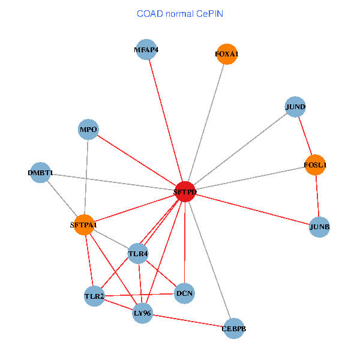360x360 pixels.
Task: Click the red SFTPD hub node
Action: click(x=185, y=192)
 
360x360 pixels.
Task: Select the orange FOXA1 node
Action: click(x=226, y=54)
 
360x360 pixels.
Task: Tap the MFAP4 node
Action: click(x=146, y=50)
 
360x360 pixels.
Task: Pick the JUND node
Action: click(x=295, y=107)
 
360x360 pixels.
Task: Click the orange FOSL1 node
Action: click(x=315, y=164)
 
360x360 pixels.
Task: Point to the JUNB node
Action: click(x=319, y=227)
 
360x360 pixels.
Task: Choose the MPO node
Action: click(x=88, y=129)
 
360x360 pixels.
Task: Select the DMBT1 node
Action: click(x=40, y=173)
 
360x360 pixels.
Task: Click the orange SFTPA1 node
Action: click(x=84, y=225)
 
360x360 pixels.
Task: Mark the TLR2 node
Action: click(x=94, y=296)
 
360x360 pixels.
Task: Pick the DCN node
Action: click(x=184, y=293)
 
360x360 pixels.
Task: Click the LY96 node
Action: click(x=142, y=313)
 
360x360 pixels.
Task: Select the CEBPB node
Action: click(x=233, y=329)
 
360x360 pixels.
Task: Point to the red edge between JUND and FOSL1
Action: click(x=305, y=136)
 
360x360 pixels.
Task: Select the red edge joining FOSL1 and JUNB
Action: click(x=317, y=196)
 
